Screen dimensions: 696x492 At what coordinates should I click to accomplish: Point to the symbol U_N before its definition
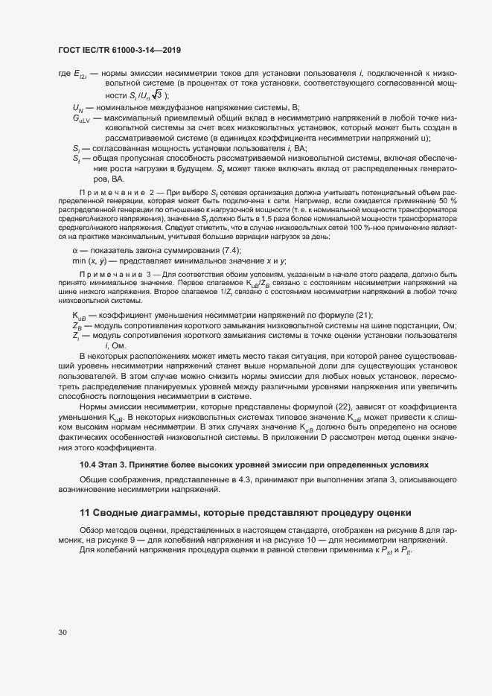[x=77, y=107]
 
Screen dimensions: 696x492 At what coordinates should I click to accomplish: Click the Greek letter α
[x=75, y=249]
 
